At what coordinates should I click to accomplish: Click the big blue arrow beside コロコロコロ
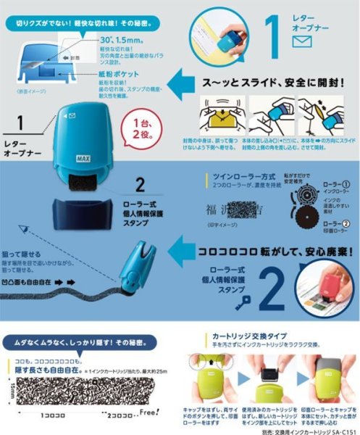point(180,252)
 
